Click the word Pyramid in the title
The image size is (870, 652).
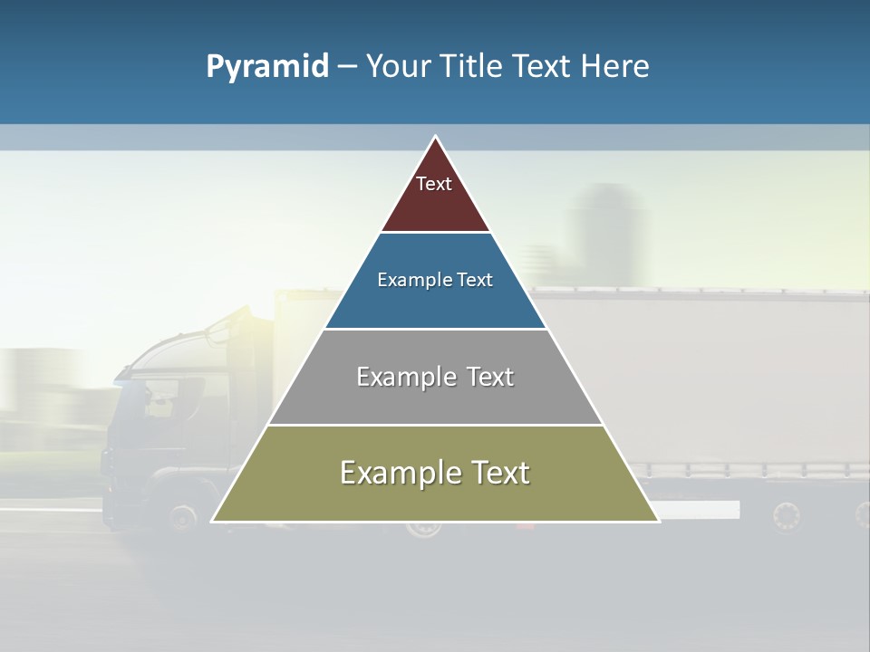pyautogui.click(x=266, y=67)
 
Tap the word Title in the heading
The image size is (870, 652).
pyautogui.click(x=472, y=67)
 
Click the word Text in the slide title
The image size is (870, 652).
pyautogui.click(x=543, y=67)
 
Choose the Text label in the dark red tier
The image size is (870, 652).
pyautogui.click(x=434, y=184)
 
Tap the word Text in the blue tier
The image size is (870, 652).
pyautogui.click(x=476, y=280)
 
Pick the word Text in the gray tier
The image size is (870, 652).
pyautogui.click(x=491, y=377)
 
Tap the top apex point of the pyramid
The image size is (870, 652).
pyautogui.click(x=435, y=136)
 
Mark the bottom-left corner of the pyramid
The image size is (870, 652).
pyautogui.click(x=212, y=521)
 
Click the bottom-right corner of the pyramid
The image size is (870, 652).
pyautogui.click(x=659, y=521)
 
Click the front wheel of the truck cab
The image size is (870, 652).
pyautogui.click(x=183, y=517)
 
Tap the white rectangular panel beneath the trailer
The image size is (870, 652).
pyautogui.click(x=698, y=510)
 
